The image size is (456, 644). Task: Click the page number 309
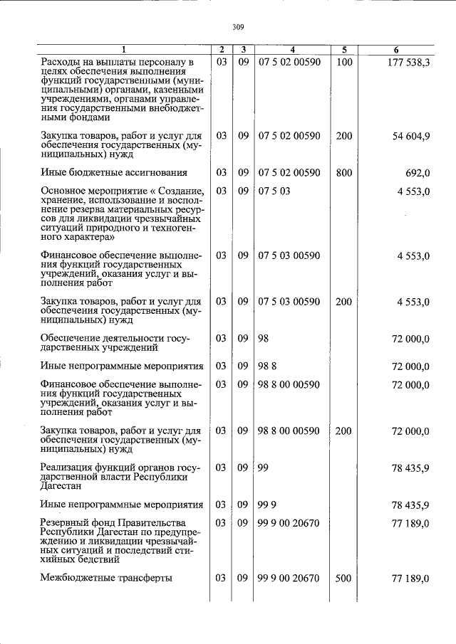pos(238,27)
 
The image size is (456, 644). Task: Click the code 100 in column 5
pos(344,63)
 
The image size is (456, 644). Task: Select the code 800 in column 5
pos(344,172)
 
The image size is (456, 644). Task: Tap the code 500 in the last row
pos(344,579)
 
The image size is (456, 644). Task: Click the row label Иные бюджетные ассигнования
pos(114,172)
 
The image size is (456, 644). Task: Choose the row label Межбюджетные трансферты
pos(106,579)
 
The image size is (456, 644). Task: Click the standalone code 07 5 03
pos(274,191)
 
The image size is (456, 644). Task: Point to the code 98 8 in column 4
pos(266,366)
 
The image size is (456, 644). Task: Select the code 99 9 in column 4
pos(266,505)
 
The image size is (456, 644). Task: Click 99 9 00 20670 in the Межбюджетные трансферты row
pos(289,579)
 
